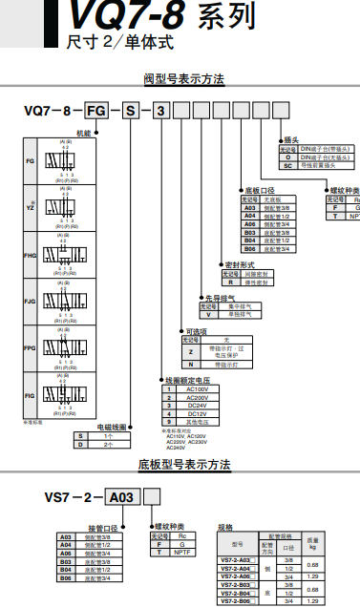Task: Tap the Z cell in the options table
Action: (190, 351)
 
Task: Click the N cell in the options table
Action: (190, 365)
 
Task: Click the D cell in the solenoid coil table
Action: (82, 445)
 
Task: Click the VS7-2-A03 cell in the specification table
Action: (234, 558)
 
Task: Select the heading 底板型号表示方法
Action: (183, 466)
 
